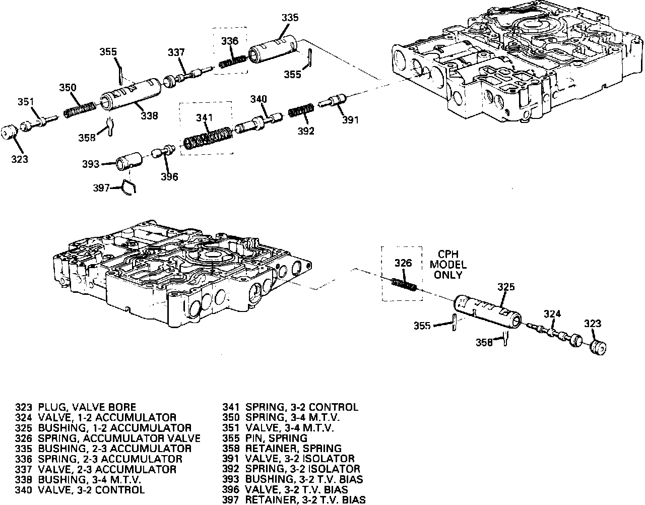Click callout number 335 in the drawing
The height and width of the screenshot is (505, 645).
[290, 18]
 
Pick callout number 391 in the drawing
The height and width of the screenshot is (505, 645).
[351, 120]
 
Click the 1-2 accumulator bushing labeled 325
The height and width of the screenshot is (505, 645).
[486, 310]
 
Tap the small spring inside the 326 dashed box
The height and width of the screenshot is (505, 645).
[404, 286]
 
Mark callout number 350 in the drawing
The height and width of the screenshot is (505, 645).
[67, 88]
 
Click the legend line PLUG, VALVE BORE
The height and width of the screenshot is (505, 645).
[76, 407]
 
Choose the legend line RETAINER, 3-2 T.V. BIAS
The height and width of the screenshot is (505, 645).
[294, 500]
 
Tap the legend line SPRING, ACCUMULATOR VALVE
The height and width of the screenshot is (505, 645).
[108, 438]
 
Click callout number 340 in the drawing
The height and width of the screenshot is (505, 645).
[257, 99]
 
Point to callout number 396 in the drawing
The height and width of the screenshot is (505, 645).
[169, 177]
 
